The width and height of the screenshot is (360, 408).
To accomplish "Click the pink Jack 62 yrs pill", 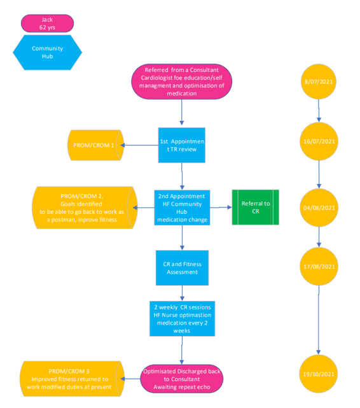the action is (x=47, y=24).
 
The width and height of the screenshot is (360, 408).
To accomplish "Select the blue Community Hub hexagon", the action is (x=47, y=52).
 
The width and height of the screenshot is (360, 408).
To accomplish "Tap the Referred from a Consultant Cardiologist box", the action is (x=182, y=81).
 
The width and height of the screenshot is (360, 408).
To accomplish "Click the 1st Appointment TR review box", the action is (x=182, y=145).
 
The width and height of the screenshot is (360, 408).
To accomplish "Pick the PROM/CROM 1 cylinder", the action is (x=95, y=145).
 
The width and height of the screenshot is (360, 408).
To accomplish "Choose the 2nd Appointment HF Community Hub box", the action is (x=182, y=208).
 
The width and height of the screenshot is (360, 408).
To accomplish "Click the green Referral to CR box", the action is (x=256, y=208).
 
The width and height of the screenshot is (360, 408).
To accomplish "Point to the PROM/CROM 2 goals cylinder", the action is (x=85, y=208).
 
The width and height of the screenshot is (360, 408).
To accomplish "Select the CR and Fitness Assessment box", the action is (x=182, y=268).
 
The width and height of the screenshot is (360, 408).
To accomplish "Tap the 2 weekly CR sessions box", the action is (x=182, y=319).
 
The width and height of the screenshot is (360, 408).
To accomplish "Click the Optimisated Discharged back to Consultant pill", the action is (x=182, y=379).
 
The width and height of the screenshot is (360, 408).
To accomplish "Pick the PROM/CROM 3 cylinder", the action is (x=72, y=379).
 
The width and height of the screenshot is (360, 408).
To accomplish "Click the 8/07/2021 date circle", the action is (x=319, y=81).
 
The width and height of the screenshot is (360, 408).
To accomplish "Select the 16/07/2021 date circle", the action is (x=319, y=141).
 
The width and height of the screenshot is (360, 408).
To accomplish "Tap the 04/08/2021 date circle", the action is (x=319, y=208).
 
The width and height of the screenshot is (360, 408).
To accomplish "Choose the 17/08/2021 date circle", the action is (x=319, y=267).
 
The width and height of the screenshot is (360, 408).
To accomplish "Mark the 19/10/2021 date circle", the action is (x=319, y=374).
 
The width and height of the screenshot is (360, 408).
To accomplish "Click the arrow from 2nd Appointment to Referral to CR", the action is (x=221, y=208).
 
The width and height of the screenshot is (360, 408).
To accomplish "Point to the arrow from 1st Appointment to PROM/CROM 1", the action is (x=139, y=145).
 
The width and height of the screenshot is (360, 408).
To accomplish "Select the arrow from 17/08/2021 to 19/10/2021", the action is (x=319, y=320).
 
